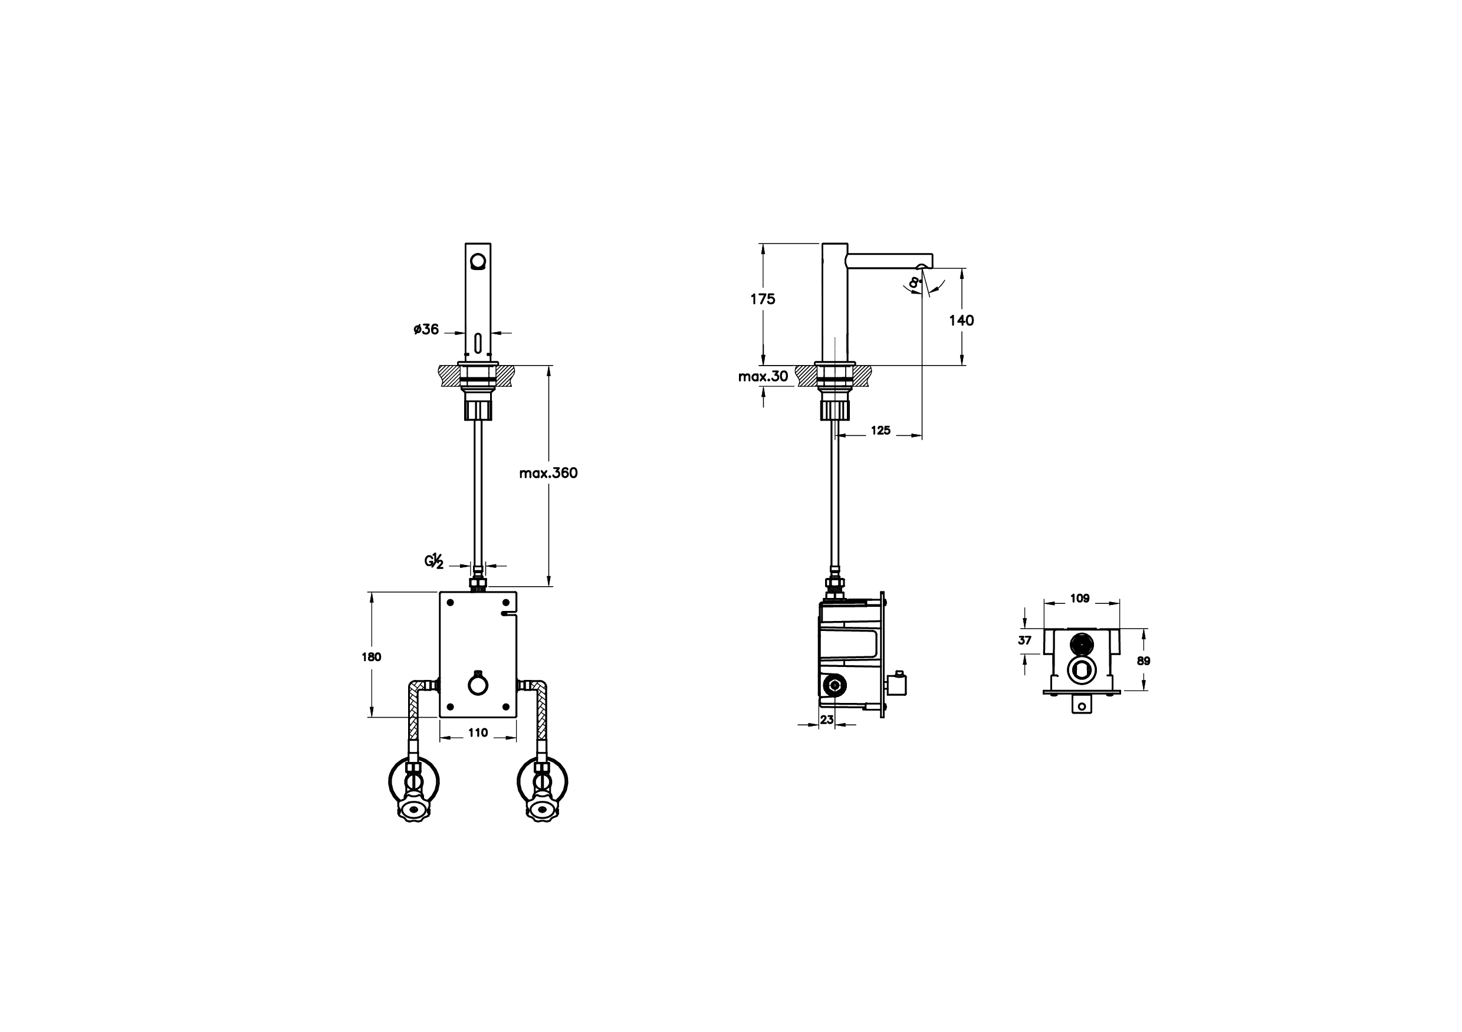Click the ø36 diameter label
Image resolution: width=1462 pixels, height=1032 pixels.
pos(426,330)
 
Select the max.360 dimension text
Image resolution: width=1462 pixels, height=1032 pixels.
pos(548,473)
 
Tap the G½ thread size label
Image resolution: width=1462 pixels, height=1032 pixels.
pos(433,561)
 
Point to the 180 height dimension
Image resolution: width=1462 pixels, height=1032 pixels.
pos(371,657)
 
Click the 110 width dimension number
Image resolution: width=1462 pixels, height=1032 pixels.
pos(478,733)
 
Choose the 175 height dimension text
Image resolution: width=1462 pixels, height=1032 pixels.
pos(762,299)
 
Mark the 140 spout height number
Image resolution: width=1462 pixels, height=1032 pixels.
pos(961,320)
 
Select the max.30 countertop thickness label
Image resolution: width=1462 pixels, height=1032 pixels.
pos(763,376)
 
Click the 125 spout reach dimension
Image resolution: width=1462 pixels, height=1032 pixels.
pos(880,431)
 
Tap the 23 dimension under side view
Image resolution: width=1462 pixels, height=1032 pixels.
pos(826,719)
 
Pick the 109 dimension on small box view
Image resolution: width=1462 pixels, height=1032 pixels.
pos(1079,599)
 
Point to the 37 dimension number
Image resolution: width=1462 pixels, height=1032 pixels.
pos(1024,640)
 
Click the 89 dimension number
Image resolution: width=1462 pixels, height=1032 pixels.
pos(1144,661)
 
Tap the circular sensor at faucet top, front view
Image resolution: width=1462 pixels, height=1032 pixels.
pos(478,261)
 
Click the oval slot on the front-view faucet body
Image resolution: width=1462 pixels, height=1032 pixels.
pos(478,343)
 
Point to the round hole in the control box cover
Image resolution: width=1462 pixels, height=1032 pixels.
pos(478,685)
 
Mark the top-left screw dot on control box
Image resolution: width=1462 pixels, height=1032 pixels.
pos(450,602)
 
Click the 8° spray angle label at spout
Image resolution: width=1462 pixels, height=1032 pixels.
pos(915,282)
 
